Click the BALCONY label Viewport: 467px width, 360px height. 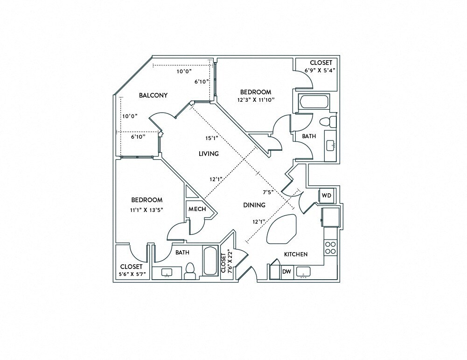[153, 95]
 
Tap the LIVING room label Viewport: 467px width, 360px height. [209, 154]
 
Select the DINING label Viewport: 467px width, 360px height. [254, 205]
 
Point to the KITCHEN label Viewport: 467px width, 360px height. [296, 254]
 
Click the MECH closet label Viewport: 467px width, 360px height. [197, 209]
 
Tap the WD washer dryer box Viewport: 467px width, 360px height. [326, 196]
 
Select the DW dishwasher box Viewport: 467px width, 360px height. [286, 272]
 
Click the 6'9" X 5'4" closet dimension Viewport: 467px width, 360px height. [321, 70]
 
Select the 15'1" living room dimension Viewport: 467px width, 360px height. [211, 138]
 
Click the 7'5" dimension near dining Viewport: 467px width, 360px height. [267, 192]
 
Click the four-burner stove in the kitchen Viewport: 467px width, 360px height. [330, 247]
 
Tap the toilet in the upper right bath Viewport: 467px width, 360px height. [327, 122]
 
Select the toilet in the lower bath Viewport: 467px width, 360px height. [190, 271]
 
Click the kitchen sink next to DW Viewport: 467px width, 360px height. [305, 272]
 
